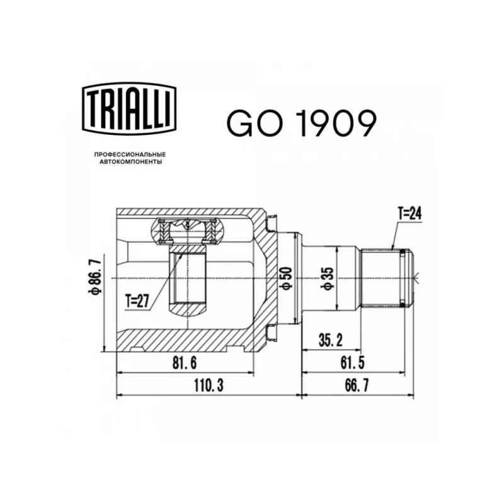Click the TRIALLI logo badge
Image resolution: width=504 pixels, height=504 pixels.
[129, 108]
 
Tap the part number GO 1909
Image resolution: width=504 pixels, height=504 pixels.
[301, 123]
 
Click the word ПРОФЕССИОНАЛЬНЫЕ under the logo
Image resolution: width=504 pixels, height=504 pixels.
[130, 154]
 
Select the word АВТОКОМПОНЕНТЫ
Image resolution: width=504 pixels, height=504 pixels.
[130, 162]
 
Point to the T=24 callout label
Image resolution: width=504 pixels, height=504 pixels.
[409, 213]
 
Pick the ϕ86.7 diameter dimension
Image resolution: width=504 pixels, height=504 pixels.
[97, 274]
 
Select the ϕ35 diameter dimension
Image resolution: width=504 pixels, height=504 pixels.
[329, 278]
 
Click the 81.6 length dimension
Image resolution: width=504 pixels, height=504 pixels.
[184, 364]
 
